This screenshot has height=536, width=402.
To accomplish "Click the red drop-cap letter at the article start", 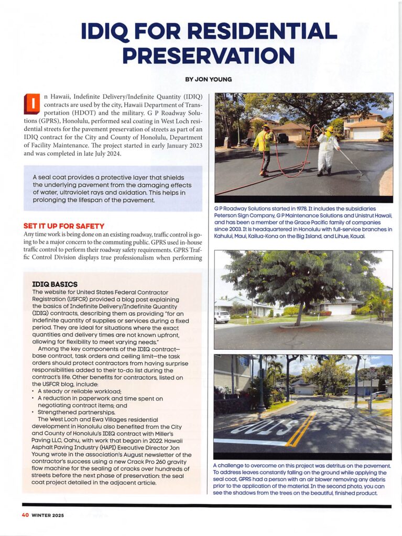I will coord(32,104).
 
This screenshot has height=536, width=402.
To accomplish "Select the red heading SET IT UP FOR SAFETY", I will coord(64,226).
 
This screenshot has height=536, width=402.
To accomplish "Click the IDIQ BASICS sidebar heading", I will coord(55,284).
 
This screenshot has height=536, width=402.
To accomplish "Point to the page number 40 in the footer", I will coord(25,515).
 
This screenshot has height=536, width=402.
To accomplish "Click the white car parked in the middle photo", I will coord(222,317).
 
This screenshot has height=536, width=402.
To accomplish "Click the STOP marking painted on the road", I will coord(262,426).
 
